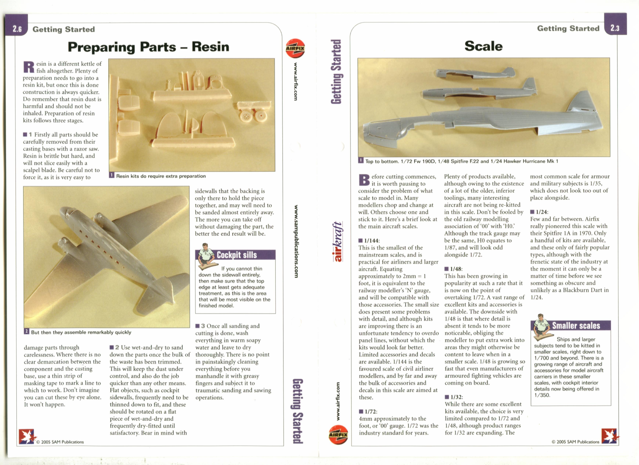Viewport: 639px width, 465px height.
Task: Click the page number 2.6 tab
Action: tap(17, 29)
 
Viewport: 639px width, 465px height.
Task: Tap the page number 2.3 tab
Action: tap(615, 28)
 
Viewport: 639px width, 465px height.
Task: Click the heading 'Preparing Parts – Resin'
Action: tap(149, 47)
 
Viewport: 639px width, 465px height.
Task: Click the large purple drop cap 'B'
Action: tap(364, 180)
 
